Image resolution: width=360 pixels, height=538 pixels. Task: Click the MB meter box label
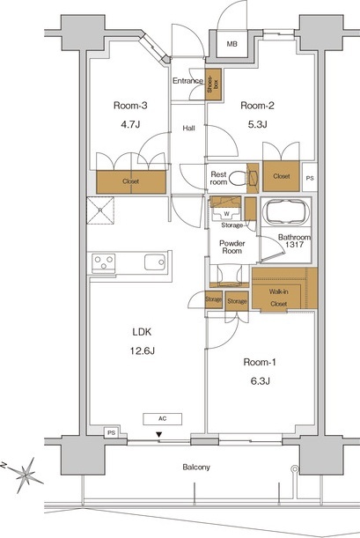pyautogui.click(x=232, y=44)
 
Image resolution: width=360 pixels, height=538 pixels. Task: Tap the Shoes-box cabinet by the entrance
pyautogui.click(x=213, y=85)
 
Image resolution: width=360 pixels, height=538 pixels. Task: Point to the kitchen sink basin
pyautogui.click(x=155, y=262)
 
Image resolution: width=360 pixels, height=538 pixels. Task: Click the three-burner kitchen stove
pyautogui.click(x=103, y=263)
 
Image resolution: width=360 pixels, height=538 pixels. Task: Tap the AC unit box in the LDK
pyautogui.click(x=163, y=419)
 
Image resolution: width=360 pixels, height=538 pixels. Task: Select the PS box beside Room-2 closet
pyautogui.click(x=310, y=178)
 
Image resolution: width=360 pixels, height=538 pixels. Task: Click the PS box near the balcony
pyautogui.click(x=112, y=433)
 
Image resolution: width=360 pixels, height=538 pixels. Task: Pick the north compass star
pyautogui.click(x=26, y=475)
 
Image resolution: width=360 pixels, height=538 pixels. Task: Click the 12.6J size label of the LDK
pyautogui.click(x=143, y=351)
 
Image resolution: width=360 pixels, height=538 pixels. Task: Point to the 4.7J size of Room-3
pyautogui.click(x=130, y=124)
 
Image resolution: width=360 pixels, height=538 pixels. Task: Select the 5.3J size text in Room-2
pyautogui.click(x=257, y=124)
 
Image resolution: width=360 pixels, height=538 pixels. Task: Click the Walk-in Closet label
pyautogui.click(x=278, y=298)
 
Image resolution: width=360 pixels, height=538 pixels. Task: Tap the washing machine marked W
pyautogui.click(x=226, y=214)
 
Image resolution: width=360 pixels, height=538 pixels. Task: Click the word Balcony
pyautogui.click(x=196, y=468)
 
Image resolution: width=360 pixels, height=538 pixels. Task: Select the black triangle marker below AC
pyautogui.click(x=158, y=435)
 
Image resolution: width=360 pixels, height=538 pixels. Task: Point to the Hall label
pyautogui.click(x=188, y=129)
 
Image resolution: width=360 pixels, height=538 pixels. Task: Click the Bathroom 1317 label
pyautogui.click(x=294, y=241)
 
